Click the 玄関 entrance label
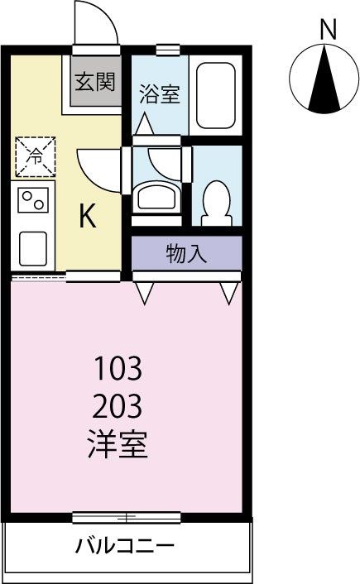pyautogui.click(x=96, y=82)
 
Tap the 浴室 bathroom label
pyautogui.click(x=159, y=93)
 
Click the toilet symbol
pyautogui.click(x=217, y=197)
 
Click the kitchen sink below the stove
pyautogui.click(x=33, y=246)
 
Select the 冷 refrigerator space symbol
pyautogui.click(x=35, y=156)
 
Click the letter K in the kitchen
pyautogui.click(x=88, y=217)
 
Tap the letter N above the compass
pyautogui.click(x=328, y=30)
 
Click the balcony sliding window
pyautogui.click(x=126, y=518)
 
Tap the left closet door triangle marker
pyautogui.click(x=146, y=292)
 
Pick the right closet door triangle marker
pyautogui.click(x=229, y=292)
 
